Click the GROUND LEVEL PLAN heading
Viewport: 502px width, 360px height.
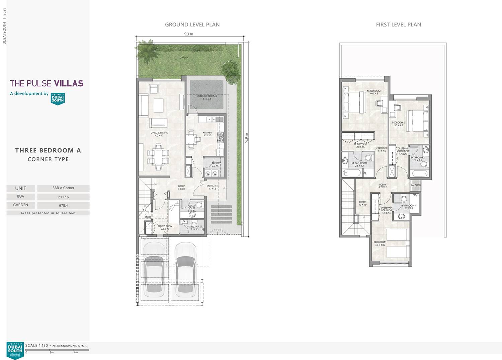[192, 24]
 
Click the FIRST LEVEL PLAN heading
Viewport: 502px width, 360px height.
[398, 24]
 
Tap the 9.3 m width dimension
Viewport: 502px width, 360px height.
[188, 34]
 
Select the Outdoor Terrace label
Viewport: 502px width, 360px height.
[206, 97]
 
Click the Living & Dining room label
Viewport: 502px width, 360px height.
[159, 134]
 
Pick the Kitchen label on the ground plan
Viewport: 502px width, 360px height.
[207, 134]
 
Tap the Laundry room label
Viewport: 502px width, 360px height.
[216, 164]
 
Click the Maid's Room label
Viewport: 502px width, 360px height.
[165, 227]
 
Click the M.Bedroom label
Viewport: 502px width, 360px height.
[373, 92]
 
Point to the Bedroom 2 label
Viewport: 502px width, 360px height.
[398, 124]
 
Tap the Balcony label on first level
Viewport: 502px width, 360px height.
[416, 185]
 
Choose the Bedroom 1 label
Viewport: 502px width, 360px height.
[380, 243]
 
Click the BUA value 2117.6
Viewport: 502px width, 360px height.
[63, 197]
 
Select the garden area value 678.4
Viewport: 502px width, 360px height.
[63, 206]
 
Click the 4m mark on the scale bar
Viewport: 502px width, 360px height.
[76, 352]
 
